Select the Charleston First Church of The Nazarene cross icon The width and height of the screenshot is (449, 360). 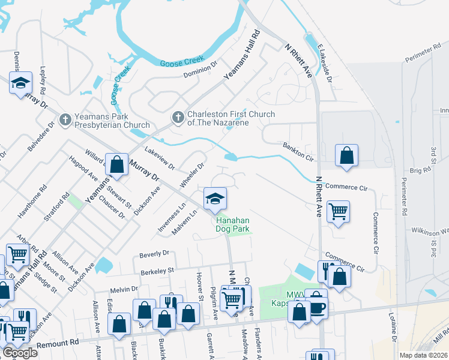click(178, 118)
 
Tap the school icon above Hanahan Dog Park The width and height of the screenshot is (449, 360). click(214, 200)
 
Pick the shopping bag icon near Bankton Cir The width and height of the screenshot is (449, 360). click(346, 157)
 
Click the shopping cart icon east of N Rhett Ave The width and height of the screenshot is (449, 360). click(339, 212)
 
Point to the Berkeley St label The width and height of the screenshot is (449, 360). click(157, 271)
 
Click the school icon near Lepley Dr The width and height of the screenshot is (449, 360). click(20, 84)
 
